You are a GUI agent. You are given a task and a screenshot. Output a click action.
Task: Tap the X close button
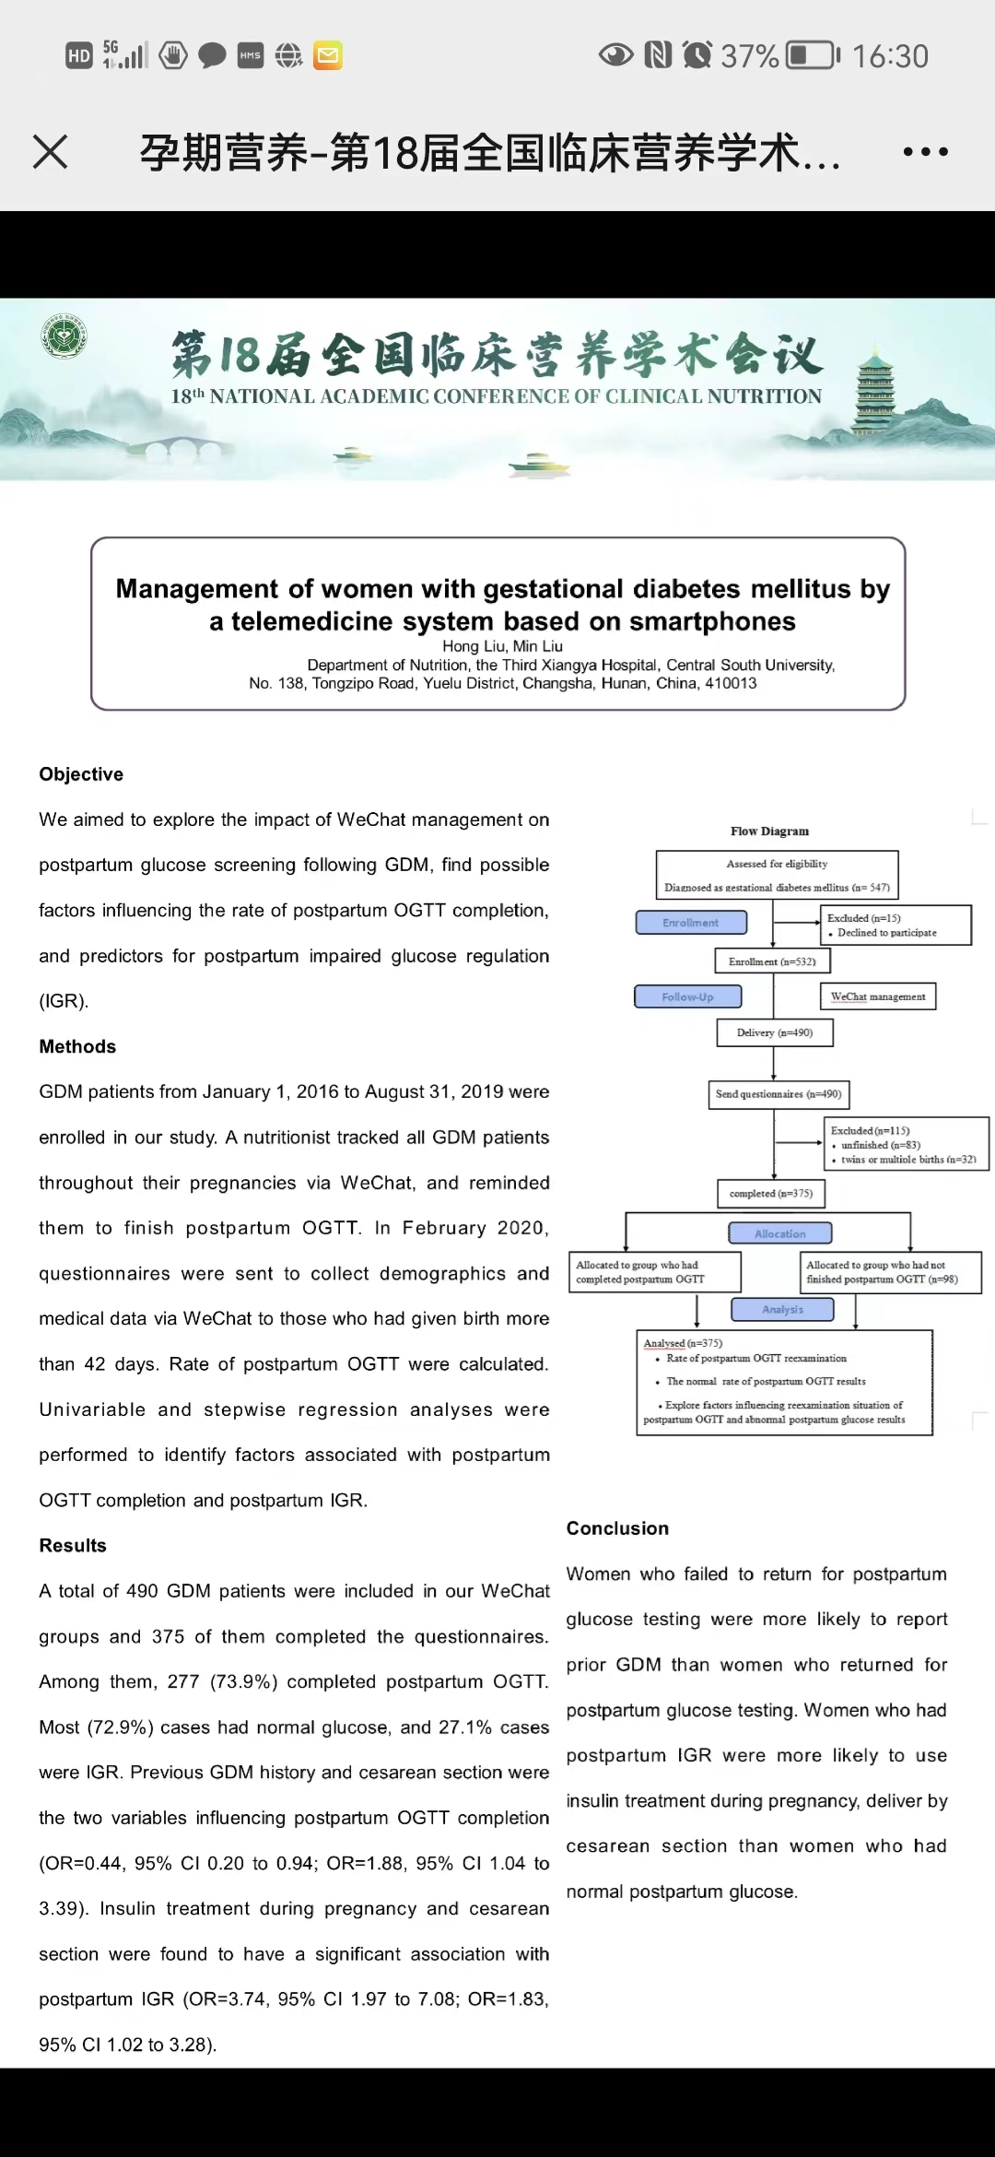point(51,152)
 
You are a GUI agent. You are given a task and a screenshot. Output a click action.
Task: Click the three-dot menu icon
point(925,152)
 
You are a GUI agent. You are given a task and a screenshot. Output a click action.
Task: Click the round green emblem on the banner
point(64,337)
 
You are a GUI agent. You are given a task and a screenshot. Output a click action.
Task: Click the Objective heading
point(81,774)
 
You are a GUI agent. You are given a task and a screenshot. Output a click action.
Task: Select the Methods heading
point(77,1046)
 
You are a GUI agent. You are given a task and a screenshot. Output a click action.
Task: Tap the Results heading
point(73,1546)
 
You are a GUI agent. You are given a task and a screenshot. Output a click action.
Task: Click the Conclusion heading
point(617,1528)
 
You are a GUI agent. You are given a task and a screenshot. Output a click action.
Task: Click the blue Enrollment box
point(691,923)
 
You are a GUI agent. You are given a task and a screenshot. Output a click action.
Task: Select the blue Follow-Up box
point(688,996)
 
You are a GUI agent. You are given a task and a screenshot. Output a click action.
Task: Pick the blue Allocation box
point(780,1233)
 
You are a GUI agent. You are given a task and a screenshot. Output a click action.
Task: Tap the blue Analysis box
point(782,1309)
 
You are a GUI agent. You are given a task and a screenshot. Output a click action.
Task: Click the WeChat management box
point(878,996)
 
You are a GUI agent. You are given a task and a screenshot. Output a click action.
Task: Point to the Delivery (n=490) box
point(775,1032)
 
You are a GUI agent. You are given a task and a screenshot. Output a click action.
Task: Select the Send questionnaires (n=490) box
point(778,1094)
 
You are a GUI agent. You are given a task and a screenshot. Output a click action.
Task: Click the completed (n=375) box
point(771,1194)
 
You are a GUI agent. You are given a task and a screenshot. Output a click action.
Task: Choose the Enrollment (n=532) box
point(772,961)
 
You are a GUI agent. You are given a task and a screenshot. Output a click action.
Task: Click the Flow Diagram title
point(770,831)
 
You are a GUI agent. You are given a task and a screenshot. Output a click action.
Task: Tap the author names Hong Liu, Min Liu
point(502,646)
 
